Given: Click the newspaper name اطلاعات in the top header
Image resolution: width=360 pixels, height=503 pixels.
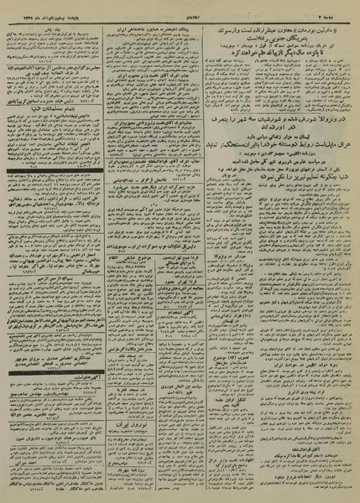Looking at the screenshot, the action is tap(179, 7).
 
